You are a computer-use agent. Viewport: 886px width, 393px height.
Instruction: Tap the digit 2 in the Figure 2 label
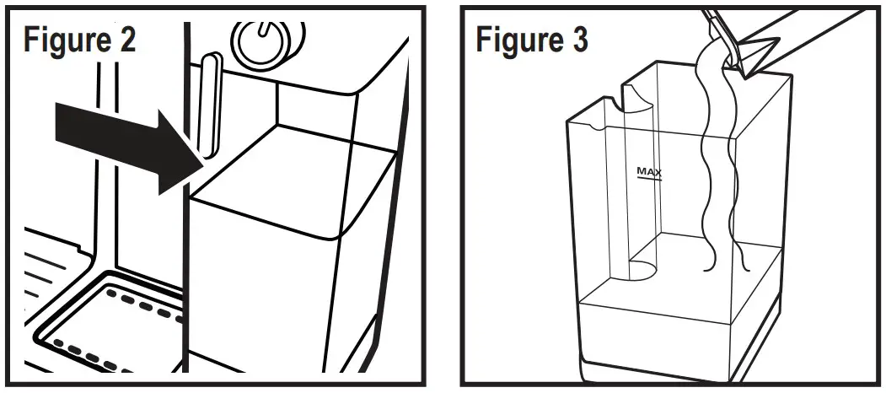coord(126,40)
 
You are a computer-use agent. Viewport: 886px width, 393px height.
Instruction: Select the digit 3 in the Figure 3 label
coord(579,40)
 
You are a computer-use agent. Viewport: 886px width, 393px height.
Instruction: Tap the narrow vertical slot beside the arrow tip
coord(210,105)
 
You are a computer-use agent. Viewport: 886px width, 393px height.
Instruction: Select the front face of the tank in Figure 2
coord(261,295)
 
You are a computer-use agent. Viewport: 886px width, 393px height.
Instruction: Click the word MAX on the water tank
coord(649,171)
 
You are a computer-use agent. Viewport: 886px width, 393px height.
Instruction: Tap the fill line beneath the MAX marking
coord(649,180)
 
